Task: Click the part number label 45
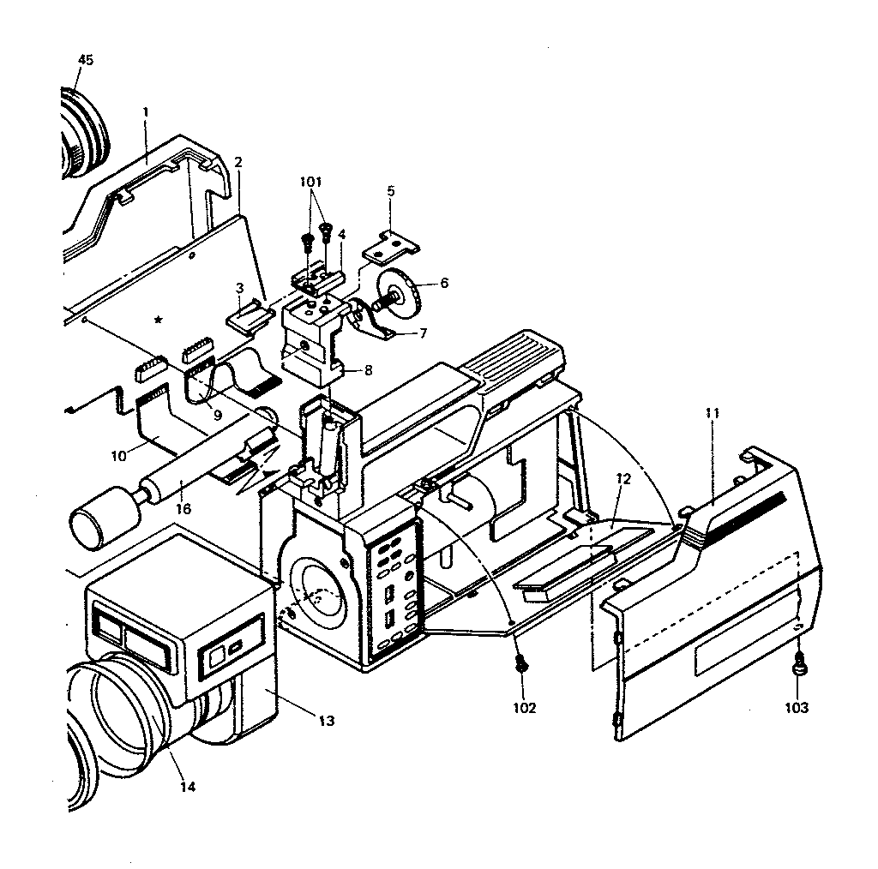coord(85,59)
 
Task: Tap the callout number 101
coord(311,182)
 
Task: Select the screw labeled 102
coord(520,663)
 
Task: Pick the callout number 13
coord(326,721)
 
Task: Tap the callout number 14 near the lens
coord(188,786)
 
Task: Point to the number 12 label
coord(623,478)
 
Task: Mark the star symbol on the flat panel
coord(159,321)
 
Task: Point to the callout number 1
coord(146,111)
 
